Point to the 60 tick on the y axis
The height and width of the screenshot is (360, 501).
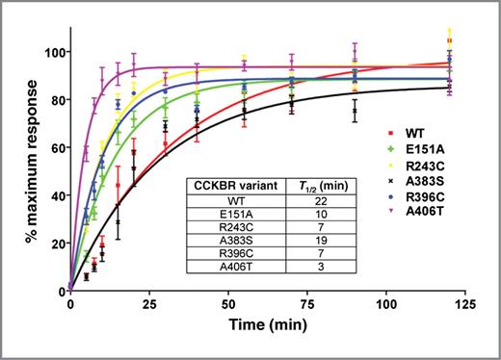pos(53,147)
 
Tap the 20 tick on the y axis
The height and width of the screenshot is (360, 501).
pos(53,243)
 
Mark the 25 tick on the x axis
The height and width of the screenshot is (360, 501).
pos(149,302)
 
